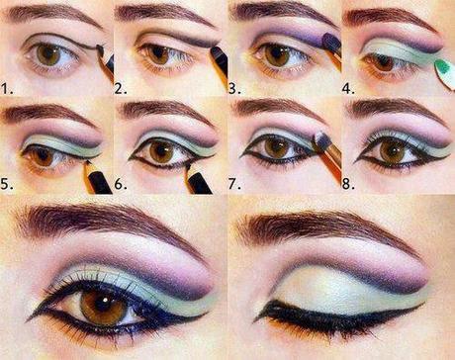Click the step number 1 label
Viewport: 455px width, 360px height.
[7, 87]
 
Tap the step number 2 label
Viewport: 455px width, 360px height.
[121, 87]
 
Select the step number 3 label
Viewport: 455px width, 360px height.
[235, 87]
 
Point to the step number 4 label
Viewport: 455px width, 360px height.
[349, 87]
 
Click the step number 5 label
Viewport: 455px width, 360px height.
[7, 184]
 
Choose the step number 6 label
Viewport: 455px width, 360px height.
[121, 184]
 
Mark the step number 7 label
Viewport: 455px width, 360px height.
[235, 184]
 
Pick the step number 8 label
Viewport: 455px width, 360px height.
[349, 184]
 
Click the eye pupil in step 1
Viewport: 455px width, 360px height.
[48, 53]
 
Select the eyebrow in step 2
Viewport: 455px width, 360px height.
[163, 18]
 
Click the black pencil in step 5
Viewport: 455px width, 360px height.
[96, 179]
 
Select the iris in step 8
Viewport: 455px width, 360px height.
[394, 150]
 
